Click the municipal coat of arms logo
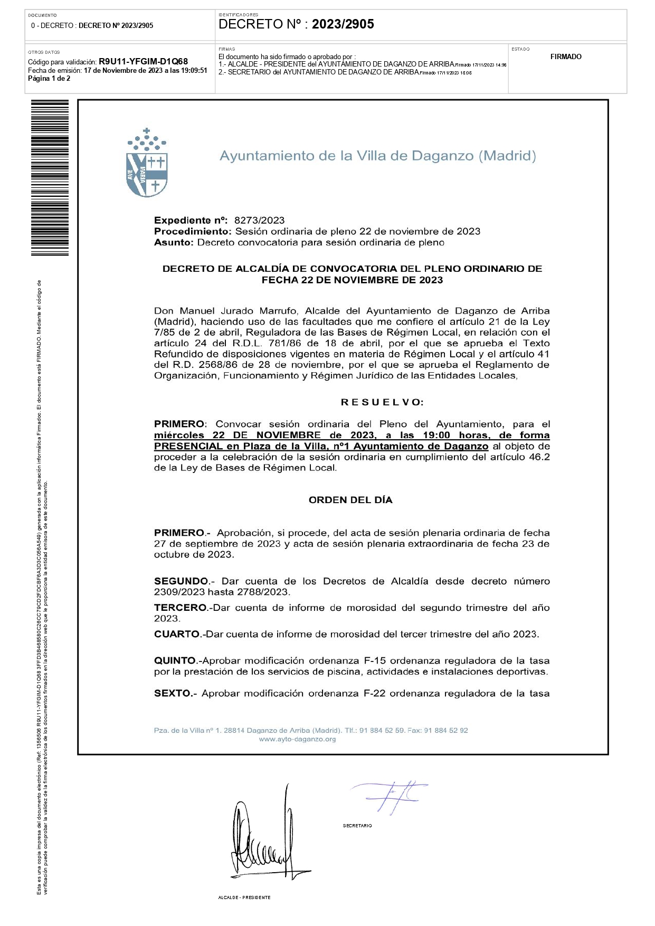[x=147, y=163]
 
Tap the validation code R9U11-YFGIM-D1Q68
[x=143, y=62]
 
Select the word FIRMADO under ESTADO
[x=565, y=57]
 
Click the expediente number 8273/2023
[x=259, y=220]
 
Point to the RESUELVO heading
[x=382, y=402]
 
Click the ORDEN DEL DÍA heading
[x=350, y=500]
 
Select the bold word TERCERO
[x=180, y=608]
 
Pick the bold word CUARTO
[x=177, y=634]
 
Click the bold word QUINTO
[x=175, y=660]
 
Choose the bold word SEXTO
[x=172, y=693]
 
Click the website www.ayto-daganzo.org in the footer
[x=297, y=739]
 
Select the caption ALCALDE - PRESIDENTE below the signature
[x=244, y=897]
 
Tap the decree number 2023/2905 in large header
[x=343, y=24]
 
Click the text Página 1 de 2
[x=49, y=79]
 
